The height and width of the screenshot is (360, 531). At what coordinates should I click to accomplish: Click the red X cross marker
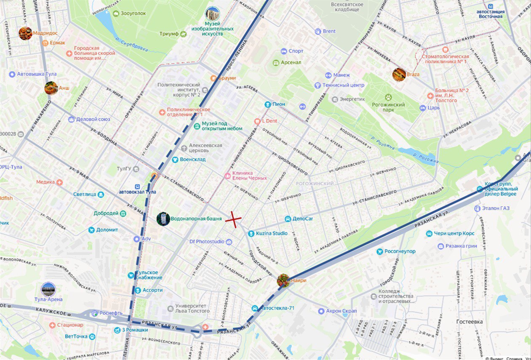233,219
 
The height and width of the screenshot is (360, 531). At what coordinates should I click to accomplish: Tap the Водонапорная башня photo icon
163,219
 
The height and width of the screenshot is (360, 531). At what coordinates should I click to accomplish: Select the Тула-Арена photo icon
48,289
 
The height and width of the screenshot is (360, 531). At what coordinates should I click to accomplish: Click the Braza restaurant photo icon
399,75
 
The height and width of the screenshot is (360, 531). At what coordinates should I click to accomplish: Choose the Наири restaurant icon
283,280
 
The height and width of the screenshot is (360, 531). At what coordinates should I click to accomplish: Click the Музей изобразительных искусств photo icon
213,14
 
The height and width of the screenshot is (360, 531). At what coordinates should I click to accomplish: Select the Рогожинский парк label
388,107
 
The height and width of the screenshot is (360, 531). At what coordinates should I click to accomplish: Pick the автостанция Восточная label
490,14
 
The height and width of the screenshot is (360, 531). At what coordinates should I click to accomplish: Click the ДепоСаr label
302,219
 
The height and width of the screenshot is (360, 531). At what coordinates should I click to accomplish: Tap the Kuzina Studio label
272,233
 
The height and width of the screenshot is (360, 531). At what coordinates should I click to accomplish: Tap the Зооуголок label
133,13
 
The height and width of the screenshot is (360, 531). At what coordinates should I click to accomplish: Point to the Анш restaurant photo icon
51,88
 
